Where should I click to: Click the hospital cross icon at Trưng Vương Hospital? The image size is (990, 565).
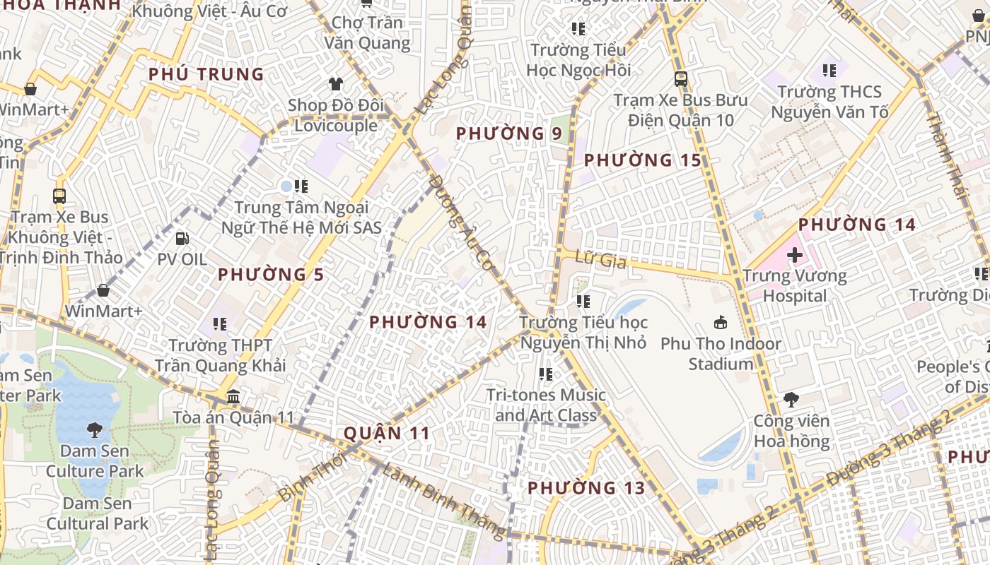point(794,254)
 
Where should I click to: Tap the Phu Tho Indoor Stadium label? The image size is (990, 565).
point(721,354)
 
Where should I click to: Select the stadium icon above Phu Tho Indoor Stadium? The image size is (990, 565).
point(720,323)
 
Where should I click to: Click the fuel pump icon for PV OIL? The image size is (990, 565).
point(182,239)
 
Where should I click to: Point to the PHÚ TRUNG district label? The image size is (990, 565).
point(206,74)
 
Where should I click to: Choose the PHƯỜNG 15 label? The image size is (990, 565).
point(642,160)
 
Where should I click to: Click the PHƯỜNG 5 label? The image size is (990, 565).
point(271,275)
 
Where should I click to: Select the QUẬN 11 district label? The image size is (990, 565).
point(386,433)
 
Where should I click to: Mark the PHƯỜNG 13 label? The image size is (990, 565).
point(586,488)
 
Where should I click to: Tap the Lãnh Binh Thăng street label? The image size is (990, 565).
point(442,498)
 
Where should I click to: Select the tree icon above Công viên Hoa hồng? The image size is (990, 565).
point(791,400)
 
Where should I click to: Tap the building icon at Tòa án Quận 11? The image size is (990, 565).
point(233,397)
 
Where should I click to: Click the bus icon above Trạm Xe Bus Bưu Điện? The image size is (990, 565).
point(680,78)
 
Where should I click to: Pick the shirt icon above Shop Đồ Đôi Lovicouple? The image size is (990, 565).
point(335,83)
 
